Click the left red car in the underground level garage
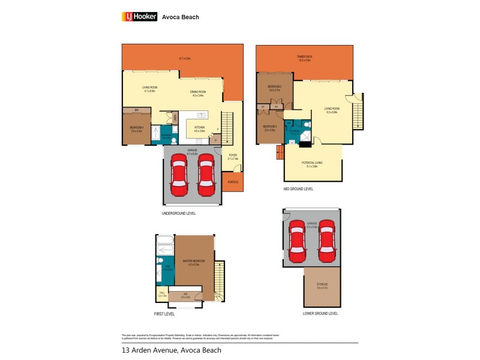pos(178,175)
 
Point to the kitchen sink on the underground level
pos(201,115)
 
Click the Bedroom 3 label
pos(269,128)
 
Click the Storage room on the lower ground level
pos(322,287)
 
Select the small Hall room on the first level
pos(161,294)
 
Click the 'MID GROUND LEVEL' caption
pos(298,189)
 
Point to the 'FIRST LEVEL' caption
pos(163,313)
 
